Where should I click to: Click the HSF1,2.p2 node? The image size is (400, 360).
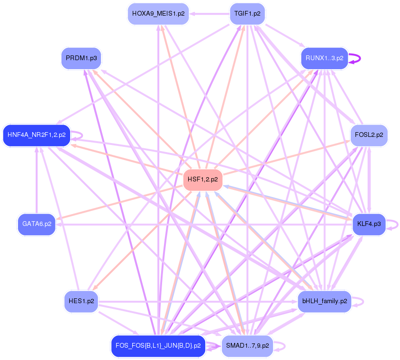tap(202, 180)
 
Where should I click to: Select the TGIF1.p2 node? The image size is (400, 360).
tap(247, 14)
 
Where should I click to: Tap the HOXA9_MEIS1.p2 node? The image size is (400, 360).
tap(158, 14)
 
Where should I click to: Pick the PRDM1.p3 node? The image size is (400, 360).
tap(82, 58)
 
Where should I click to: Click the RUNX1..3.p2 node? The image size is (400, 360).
tap(324, 58)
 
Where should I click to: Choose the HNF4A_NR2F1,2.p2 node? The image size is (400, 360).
tap(36, 135)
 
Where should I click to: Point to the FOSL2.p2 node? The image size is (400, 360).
tap(369, 135)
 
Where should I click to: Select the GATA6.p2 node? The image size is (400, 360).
tap(36, 224)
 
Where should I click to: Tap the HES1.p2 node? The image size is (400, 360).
tap(81, 301)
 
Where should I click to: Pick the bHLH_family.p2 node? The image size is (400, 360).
tap(324, 301)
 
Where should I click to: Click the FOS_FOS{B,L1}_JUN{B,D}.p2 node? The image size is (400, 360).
tap(158, 346)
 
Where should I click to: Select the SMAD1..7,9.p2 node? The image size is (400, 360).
tap(247, 346)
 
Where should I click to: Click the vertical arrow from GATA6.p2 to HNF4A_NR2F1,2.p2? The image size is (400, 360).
tap(36, 180)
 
